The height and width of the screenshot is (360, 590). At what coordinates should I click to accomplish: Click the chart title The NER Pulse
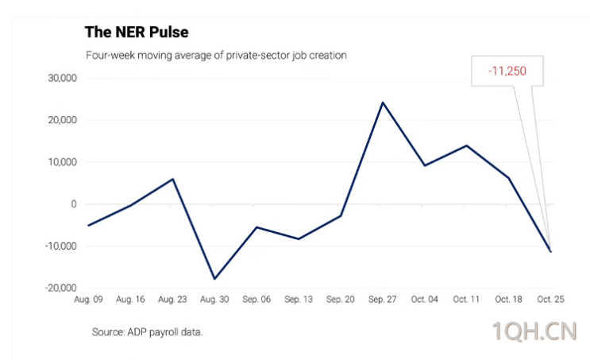(x=136, y=33)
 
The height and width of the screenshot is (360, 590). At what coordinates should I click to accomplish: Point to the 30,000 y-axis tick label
(x=60, y=79)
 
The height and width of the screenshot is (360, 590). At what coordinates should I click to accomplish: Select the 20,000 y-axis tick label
(x=60, y=121)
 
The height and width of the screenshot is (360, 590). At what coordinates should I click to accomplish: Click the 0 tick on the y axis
(x=73, y=204)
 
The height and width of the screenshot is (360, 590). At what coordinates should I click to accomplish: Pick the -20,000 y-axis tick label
(x=59, y=288)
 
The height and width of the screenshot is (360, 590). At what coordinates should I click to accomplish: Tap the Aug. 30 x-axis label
(x=214, y=300)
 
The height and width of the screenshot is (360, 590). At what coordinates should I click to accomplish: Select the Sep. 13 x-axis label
(x=298, y=300)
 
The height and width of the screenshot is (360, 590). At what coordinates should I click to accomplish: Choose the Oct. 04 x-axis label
(x=424, y=300)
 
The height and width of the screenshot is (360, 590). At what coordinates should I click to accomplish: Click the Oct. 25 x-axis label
(x=550, y=300)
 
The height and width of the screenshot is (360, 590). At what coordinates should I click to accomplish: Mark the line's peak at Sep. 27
(x=382, y=103)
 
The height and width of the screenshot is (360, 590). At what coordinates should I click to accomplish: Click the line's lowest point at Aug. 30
(x=214, y=279)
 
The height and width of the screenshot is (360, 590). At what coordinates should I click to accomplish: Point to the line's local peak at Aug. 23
(x=172, y=179)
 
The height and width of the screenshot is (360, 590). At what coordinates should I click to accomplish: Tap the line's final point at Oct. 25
(x=550, y=251)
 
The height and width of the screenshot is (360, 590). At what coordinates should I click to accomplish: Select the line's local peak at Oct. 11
(x=466, y=145)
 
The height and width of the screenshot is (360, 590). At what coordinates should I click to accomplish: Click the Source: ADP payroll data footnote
(x=147, y=331)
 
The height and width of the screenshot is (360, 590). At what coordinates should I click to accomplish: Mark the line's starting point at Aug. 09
(x=88, y=226)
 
